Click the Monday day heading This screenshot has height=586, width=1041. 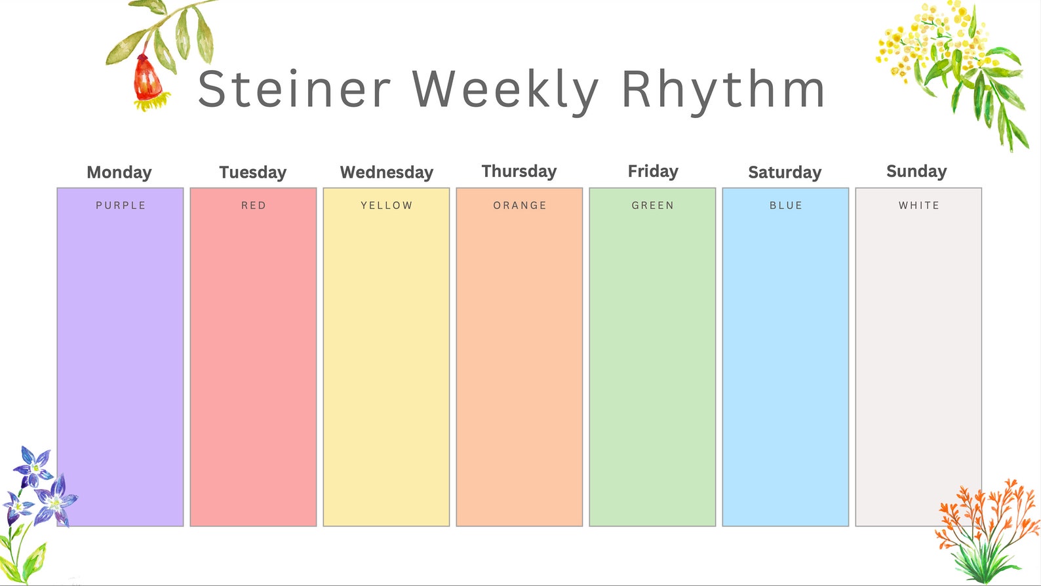(119, 172)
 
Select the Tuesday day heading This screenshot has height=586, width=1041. (253, 172)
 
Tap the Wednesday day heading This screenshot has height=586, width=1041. (387, 172)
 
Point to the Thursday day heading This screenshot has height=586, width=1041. (519, 171)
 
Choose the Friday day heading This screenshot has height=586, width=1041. (653, 171)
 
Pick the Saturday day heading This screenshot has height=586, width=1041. (785, 172)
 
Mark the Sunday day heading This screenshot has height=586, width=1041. (916, 171)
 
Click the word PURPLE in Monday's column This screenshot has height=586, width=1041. (121, 205)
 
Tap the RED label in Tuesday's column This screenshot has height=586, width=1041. (254, 205)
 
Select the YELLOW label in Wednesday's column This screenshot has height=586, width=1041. (387, 205)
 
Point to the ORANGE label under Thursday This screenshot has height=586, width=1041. (520, 205)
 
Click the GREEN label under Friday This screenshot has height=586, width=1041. (653, 205)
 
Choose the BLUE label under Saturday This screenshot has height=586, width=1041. (786, 205)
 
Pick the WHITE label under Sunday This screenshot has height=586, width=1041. (919, 205)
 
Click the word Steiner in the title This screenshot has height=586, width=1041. (294, 90)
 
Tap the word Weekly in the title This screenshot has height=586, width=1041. (505, 90)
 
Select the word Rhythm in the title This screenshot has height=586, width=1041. (722, 90)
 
